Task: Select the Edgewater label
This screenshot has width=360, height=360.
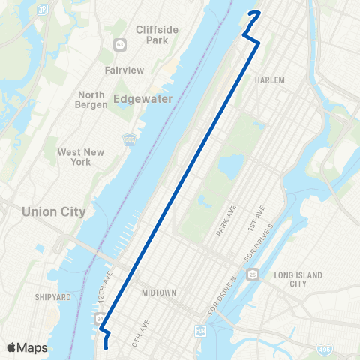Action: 142,98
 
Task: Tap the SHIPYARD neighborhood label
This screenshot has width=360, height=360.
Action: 52,297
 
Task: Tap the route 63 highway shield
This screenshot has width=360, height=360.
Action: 120,46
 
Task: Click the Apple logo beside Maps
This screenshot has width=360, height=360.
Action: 12,346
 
